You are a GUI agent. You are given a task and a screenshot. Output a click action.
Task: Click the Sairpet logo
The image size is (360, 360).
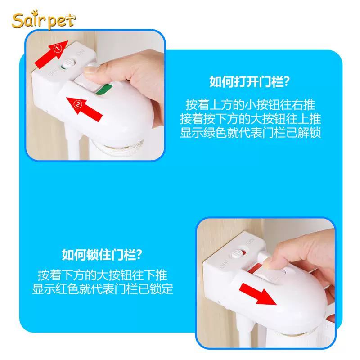point(43,20)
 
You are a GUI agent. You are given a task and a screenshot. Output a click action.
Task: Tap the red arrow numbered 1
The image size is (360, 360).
point(52,54)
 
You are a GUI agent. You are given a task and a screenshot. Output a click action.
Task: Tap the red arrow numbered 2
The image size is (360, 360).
point(84,109)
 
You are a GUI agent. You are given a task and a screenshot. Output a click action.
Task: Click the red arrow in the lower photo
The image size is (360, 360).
point(258,294)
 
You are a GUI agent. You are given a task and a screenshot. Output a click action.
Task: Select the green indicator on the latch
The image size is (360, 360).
point(104,89)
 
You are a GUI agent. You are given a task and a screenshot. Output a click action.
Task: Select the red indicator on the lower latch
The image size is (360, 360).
point(254,269)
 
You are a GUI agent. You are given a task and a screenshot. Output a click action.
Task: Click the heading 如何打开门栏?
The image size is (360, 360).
point(250,81)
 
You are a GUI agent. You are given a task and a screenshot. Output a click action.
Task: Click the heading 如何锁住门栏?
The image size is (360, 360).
point(102,255)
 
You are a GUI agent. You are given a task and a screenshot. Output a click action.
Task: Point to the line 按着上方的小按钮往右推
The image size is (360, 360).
point(250,105)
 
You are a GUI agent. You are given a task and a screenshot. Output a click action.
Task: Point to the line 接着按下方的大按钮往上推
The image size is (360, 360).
point(250,119)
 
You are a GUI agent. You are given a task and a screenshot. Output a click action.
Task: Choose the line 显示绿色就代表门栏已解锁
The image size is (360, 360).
point(250,133)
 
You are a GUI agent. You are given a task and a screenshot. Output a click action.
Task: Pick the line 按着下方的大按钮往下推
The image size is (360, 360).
point(103,275)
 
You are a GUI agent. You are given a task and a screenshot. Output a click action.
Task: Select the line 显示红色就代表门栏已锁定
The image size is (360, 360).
point(103,289)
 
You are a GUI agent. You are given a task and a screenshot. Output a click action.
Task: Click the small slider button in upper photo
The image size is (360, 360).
point(68,63)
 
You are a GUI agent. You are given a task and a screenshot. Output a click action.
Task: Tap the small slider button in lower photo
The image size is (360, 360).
point(237,254)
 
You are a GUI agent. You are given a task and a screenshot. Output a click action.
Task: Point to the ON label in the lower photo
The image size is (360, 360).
point(250,241)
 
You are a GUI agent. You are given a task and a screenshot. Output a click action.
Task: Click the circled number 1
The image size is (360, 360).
point(58,49)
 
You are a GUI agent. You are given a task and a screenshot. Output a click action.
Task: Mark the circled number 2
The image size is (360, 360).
point(78,105)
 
